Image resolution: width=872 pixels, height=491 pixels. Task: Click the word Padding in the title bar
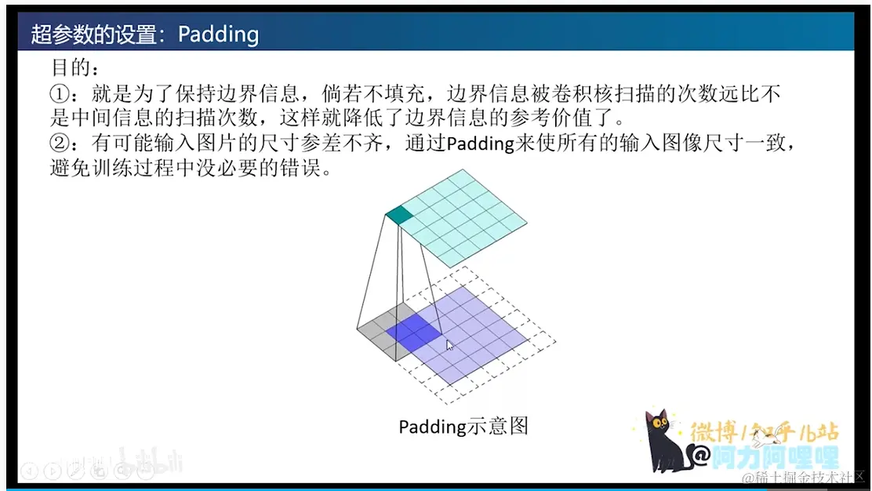(218, 35)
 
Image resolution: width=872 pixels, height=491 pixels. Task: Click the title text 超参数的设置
(93, 35)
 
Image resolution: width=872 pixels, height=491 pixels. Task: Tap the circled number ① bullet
(60, 93)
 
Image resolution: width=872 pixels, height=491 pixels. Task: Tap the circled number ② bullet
(60, 143)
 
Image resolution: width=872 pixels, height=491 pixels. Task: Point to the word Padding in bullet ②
(481, 144)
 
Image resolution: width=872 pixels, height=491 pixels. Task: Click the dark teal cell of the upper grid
(399, 215)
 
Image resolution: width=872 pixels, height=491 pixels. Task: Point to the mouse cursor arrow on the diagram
(449, 345)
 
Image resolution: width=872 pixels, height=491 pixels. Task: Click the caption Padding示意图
(463, 427)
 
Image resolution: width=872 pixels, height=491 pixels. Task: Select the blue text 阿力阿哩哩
(776, 457)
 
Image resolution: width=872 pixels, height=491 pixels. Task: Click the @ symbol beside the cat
(701, 456)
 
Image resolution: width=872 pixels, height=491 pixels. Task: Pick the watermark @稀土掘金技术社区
(803, 477)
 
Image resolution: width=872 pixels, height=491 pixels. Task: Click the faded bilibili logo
(150, 460)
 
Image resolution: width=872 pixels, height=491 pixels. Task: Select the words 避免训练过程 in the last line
(112, 167)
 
